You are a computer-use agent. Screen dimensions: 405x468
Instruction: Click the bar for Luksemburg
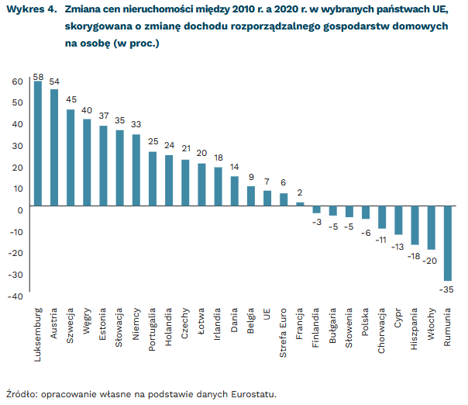pos(38,144)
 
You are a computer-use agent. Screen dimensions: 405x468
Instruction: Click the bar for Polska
pos(366,213)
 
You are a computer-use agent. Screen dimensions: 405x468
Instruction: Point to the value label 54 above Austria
pos(54,81)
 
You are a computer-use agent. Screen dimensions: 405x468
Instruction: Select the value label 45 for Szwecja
pos(71,100)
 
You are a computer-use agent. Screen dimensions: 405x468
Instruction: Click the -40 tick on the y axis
pos(16,296)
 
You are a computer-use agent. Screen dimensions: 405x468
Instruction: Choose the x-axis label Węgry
pos(88,323)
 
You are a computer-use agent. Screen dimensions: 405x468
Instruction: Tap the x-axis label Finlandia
pos(317,330)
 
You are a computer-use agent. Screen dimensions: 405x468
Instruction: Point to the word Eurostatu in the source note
pos(253,394)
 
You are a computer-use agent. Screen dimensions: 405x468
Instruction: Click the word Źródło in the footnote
pos(22,394)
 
